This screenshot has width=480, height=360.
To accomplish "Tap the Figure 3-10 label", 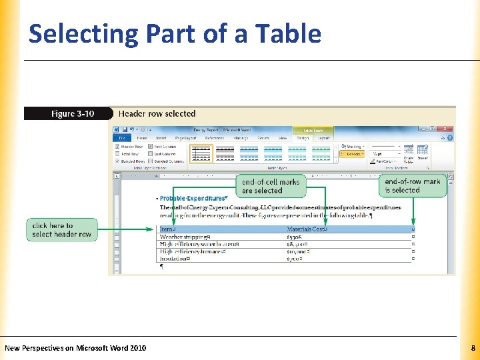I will point(72,114).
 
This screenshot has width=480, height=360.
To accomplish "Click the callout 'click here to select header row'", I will point(61,230).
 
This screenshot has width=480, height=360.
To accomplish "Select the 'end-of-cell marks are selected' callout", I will point(271,186).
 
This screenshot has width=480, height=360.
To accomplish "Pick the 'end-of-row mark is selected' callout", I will point(412,185).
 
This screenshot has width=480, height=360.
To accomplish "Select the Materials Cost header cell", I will point(307,230).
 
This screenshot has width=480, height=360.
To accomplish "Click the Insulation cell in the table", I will point(175,259).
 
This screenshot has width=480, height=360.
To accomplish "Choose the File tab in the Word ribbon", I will point(123,138).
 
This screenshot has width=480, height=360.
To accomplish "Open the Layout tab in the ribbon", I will point(324,138).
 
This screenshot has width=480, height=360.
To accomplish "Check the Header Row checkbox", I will point(118,146).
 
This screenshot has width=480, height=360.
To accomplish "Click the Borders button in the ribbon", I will point(353,153).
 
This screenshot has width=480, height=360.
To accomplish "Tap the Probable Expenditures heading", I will point(193,199).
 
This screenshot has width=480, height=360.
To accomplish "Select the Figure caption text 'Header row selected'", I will point(153,114).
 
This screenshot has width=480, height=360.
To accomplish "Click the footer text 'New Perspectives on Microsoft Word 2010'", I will point(75,348).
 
